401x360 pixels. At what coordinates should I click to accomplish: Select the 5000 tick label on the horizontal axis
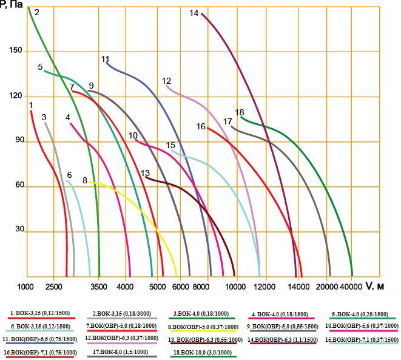click(x=157, y=286)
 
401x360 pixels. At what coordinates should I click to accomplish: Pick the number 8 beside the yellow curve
click(x=85, y=180)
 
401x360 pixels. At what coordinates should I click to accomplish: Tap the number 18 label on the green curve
click(x=240, y=112)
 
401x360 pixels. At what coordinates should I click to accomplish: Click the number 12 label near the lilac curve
click(x=167, y=81)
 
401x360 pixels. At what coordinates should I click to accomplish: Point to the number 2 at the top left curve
click(x=37, y=12)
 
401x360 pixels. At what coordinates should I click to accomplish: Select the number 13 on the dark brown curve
click(x=145, y=173)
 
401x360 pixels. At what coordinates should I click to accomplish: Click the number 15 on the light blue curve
click(x=170, y=145)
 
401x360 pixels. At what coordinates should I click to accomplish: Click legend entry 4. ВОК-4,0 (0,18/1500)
click(x=280, y=313)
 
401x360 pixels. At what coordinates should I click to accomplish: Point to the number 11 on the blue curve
click(x=105, y=59)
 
